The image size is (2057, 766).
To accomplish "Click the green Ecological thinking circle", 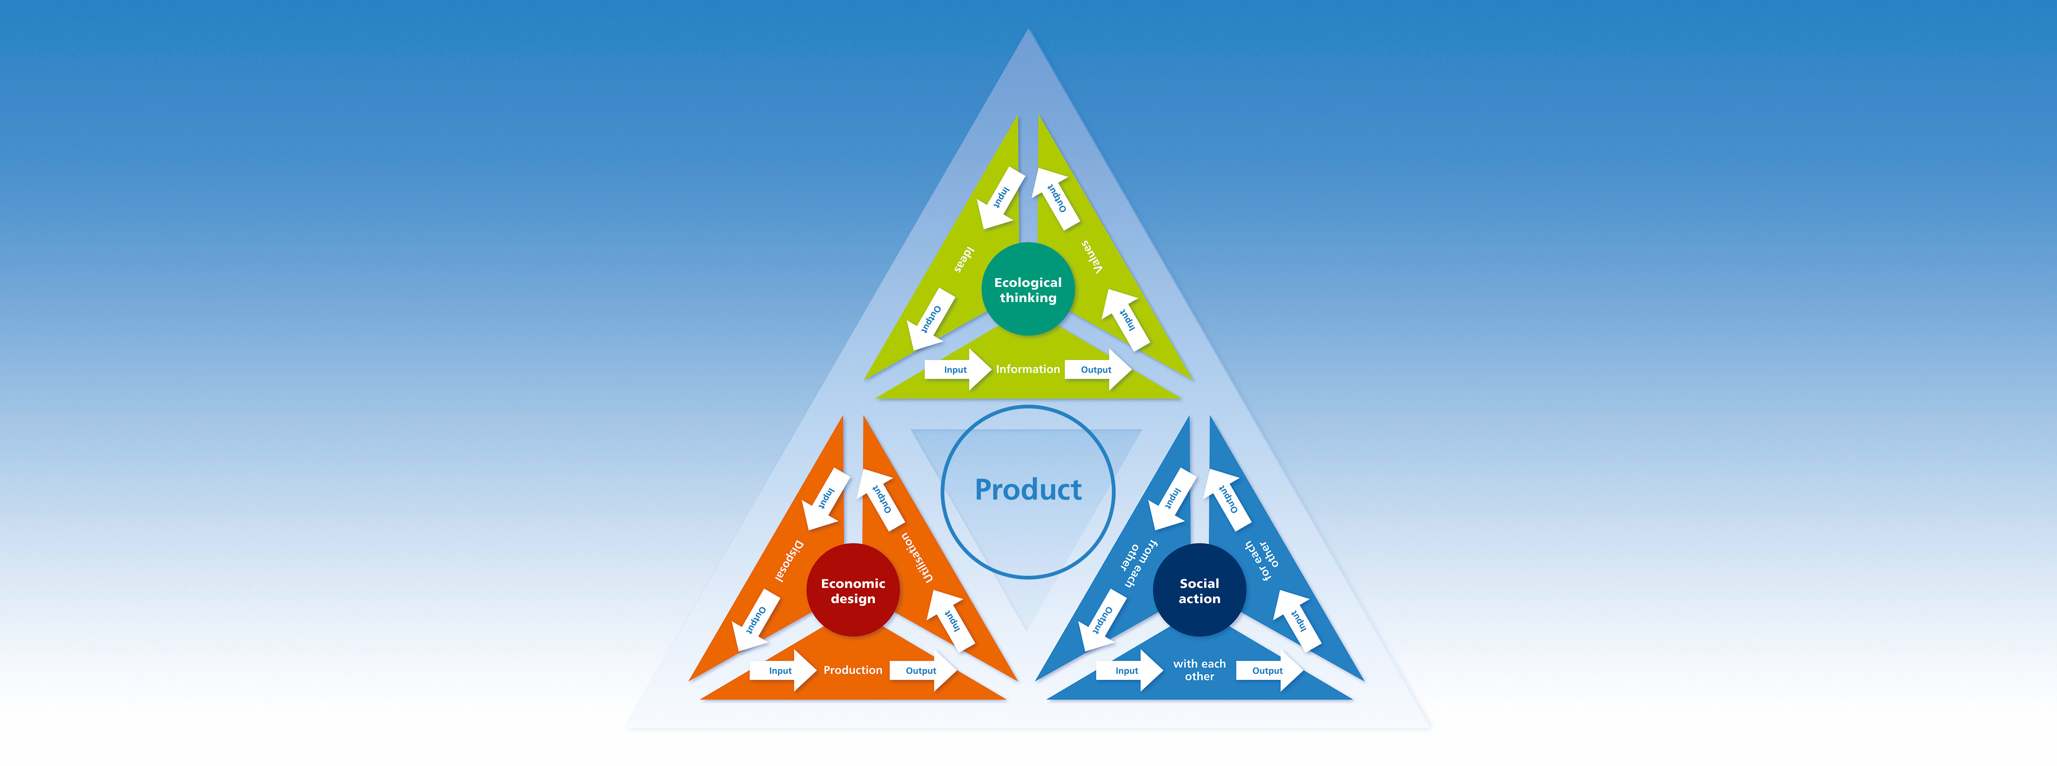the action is tap(1028, 289).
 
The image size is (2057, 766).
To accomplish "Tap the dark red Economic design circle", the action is tap(853, 590).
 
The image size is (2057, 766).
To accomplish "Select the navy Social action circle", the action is tap(1199, 590).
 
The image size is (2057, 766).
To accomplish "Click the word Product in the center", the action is tap(1028, 489).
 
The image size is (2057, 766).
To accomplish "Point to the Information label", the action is tap(1028, 370).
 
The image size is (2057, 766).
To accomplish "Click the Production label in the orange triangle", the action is tap(853, 670).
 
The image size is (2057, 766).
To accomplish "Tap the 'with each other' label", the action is tap(1199, 670).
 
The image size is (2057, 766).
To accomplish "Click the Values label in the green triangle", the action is tap(1092, 256).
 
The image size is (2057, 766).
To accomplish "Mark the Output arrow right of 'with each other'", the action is tap(1270, 670).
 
